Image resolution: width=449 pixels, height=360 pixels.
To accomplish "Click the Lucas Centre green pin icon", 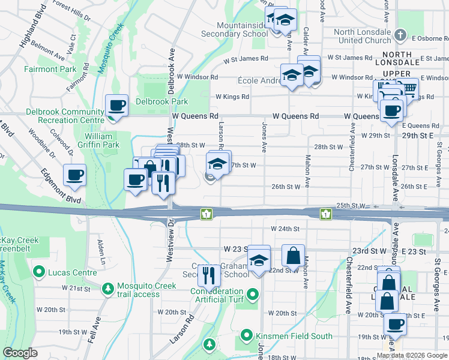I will point(40,272).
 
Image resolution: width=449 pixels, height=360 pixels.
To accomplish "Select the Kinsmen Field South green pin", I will point(247,334).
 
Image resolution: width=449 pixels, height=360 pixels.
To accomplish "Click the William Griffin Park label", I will point(98,140).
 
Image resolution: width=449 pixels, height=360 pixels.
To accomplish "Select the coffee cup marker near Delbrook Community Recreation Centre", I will point(117,106).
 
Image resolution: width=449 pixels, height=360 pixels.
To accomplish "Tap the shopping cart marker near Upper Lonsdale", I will point(408,89).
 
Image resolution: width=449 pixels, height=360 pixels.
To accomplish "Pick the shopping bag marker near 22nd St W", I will point(293,255).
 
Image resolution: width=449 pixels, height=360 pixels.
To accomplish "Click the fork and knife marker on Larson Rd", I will point(208,275).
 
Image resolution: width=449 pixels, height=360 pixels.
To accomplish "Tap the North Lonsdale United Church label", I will point(362,36).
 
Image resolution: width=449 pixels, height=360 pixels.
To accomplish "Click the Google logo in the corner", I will point(19,353).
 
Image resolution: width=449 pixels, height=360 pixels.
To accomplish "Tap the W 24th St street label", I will point(285,229).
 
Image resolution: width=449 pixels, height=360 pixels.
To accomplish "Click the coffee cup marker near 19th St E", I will point(395,325).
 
